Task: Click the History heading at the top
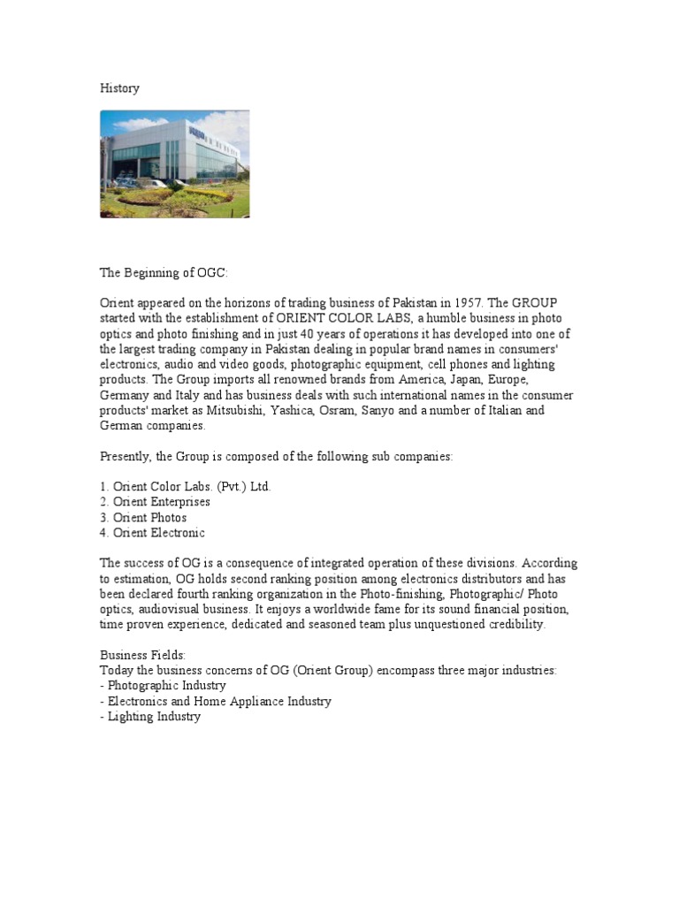119,88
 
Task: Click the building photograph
175,164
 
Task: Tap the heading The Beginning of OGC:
164,276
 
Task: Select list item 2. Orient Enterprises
155,501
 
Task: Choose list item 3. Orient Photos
143,517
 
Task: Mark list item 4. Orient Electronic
152,532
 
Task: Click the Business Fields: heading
142,655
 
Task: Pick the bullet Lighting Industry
150,717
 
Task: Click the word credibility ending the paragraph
515,624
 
